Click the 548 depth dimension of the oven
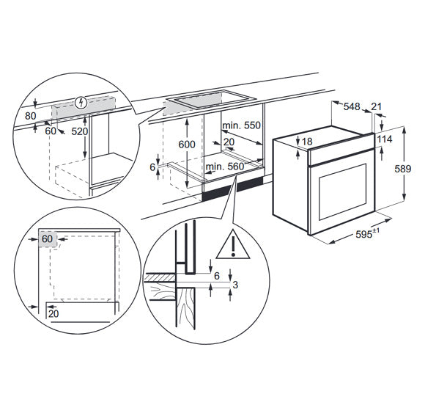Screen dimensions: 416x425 pos(352,107)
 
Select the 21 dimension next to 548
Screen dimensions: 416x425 pos(377,107)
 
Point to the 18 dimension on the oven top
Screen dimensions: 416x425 pos(307,141)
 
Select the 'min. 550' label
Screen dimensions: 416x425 pos(242,125)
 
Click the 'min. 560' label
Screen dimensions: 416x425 pos(224,167)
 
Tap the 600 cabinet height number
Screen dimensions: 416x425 pos(187,145)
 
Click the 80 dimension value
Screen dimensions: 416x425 pos(29,114)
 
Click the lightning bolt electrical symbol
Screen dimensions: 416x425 pos(81,102)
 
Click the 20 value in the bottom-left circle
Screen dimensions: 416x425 pos(54,314)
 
